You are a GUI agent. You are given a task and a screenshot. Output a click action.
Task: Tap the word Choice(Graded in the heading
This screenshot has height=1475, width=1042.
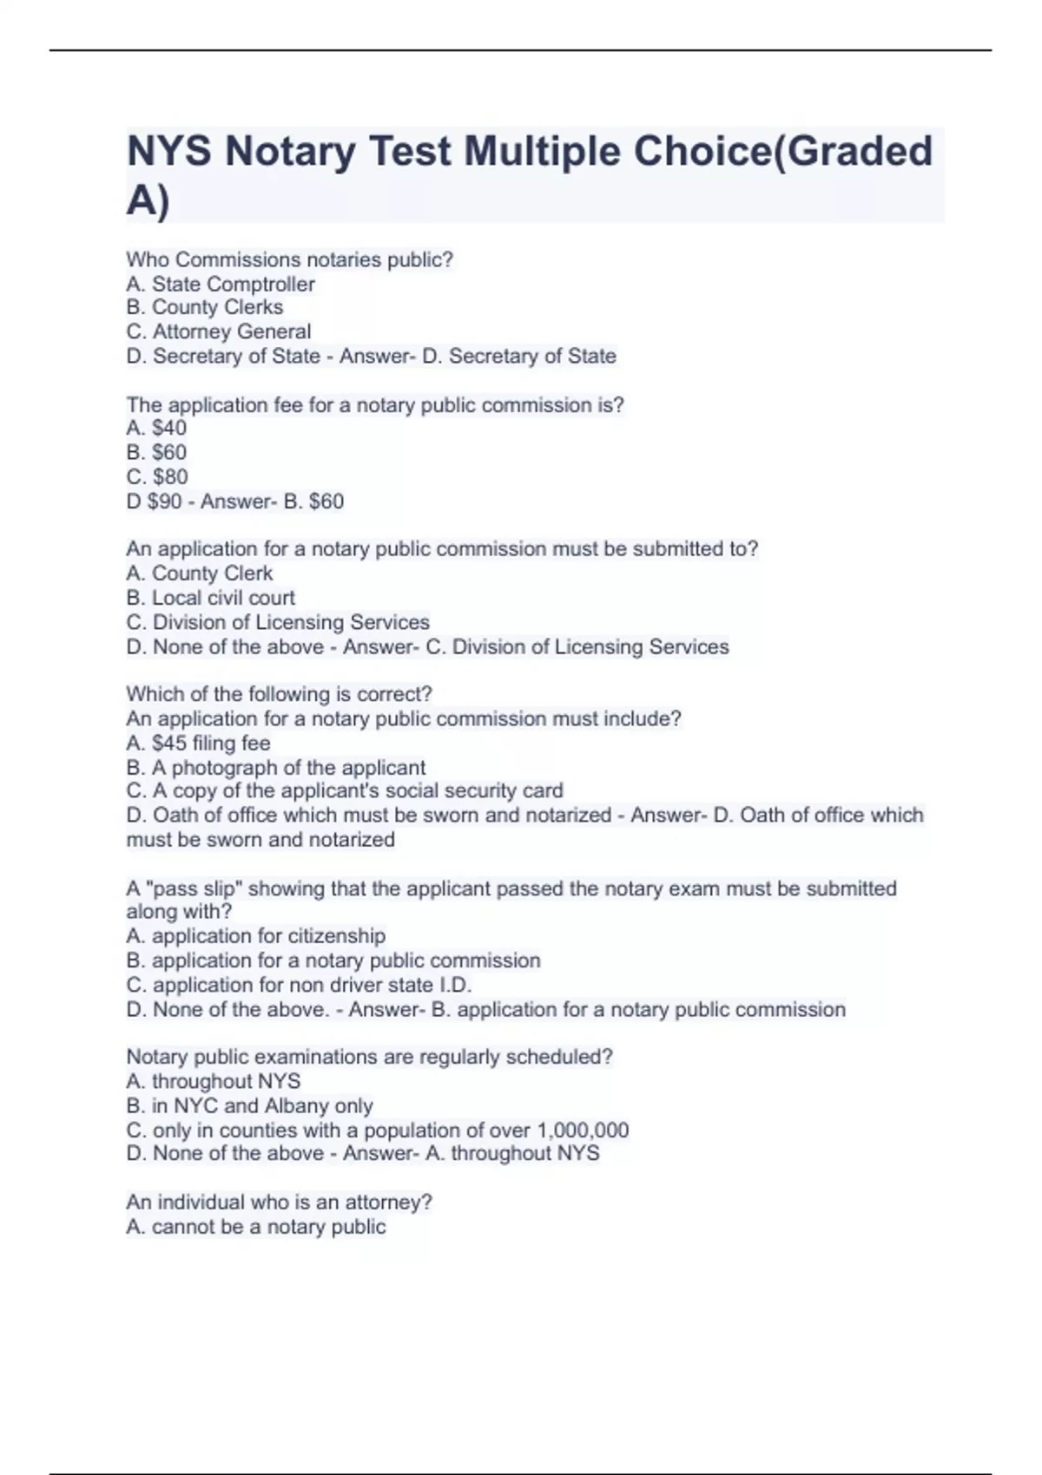782,152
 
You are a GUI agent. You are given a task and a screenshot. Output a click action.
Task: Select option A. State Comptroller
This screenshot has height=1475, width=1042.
221,284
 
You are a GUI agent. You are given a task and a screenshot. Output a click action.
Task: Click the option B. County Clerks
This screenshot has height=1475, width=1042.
205,307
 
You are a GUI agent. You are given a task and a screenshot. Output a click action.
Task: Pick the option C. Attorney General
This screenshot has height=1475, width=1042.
219,331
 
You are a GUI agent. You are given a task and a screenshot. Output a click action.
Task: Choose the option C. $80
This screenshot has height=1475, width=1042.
157,476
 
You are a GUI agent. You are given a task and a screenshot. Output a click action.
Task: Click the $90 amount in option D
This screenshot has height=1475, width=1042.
164,501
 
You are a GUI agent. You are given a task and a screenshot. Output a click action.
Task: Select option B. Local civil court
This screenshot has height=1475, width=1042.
211,598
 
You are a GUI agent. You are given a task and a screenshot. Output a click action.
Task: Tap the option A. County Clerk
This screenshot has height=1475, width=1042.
200,574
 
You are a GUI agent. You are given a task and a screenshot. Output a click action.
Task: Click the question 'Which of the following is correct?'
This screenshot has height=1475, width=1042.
279,694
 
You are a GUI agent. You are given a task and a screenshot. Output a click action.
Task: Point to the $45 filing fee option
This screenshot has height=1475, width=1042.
198,743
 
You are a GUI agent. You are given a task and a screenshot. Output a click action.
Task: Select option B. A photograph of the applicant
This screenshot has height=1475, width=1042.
276,768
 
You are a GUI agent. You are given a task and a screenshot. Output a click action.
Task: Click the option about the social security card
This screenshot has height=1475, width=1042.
345,791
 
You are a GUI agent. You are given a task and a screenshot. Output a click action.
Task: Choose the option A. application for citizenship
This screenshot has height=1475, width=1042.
256,936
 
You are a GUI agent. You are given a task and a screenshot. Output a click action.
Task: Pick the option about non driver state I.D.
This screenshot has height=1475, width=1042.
300,985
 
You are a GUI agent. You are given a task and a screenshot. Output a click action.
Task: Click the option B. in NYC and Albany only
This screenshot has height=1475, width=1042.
250,1106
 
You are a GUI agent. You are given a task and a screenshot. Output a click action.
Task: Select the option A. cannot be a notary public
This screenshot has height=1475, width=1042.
256,1227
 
